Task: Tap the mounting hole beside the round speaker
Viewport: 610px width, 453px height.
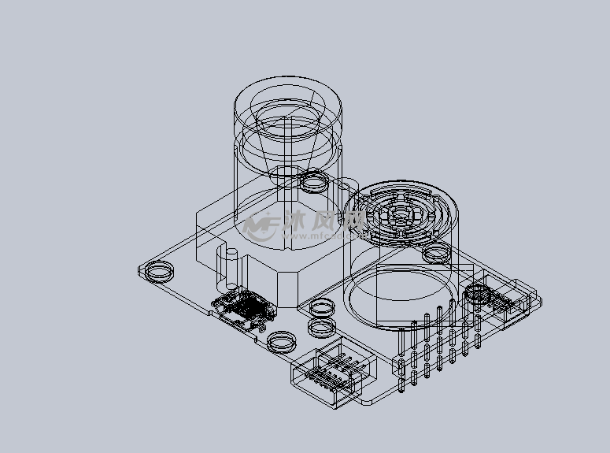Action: coord(434,254)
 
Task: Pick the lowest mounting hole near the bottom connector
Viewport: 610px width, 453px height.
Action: coord(281,342)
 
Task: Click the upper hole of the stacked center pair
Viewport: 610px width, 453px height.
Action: coord(321,308)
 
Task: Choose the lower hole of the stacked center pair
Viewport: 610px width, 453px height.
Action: coord(321,326)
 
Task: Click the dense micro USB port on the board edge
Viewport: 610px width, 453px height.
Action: coord(244,308)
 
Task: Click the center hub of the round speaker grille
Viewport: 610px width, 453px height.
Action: coord(401,214)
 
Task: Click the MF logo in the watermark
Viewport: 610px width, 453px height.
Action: coord(260,227)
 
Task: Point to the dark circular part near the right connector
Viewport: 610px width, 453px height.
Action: coord(478,295)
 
